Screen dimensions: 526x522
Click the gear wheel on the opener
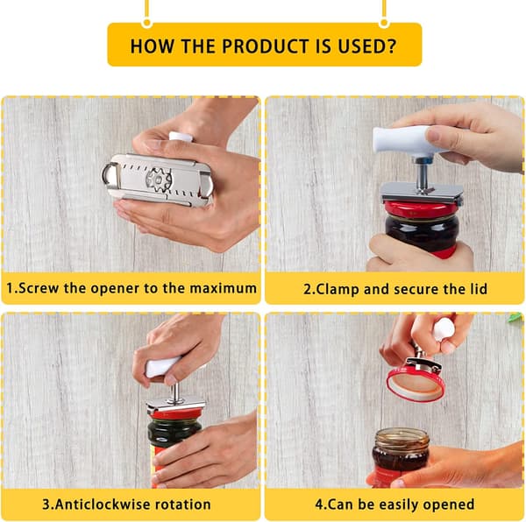tap(159, 180)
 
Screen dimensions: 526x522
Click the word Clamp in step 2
tap(338, 290)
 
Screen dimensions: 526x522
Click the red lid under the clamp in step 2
tap(422, 209)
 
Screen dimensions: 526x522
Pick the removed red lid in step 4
tap(416, 384)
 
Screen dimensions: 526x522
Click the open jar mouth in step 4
tap(402, 435)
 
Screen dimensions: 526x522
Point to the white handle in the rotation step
tap(163, 367)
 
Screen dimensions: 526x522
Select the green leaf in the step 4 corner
tap(516, 317)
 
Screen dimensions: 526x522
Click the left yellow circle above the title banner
tap(146, 23)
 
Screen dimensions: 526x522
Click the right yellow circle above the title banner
tap(384, 23)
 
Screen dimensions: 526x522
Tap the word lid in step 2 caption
tap(479, 289)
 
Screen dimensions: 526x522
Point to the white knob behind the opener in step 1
tap(181, 137)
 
